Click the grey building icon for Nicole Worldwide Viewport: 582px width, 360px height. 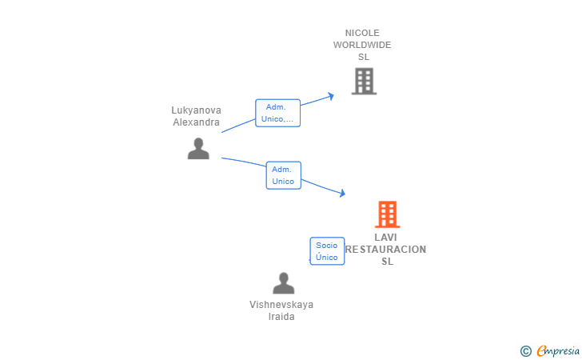364,81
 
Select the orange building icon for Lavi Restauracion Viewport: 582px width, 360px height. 387,214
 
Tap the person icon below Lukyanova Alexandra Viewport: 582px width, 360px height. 198,149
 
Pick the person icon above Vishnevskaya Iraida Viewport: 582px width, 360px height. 283,283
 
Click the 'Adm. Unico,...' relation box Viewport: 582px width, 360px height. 277,113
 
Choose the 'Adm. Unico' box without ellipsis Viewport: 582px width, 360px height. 283,175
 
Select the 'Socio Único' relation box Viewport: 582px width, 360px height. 327,251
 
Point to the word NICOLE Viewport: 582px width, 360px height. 362,33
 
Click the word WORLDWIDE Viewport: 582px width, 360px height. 362,45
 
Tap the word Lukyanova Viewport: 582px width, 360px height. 196,110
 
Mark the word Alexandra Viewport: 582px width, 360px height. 196,122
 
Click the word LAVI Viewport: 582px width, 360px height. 385,238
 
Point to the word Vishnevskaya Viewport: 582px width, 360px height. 281,305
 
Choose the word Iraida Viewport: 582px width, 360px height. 281,317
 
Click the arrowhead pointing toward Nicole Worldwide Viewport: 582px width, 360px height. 331,96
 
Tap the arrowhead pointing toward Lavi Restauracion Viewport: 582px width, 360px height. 342,193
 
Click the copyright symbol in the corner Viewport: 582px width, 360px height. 525,350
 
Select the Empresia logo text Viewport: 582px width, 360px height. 558,350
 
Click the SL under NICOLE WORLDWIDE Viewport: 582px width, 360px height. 364,57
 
